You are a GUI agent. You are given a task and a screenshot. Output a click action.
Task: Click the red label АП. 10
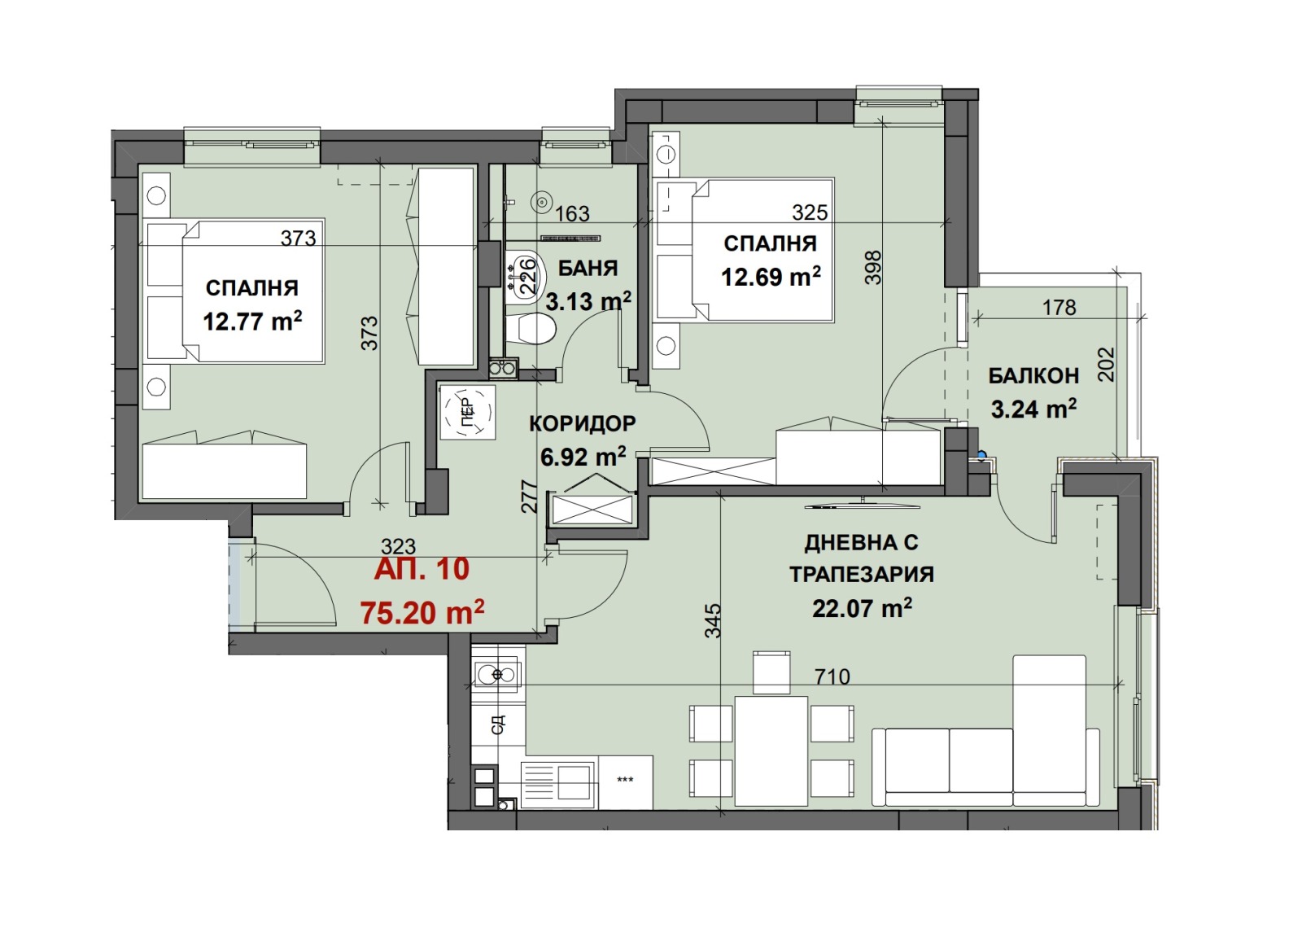(422, 569)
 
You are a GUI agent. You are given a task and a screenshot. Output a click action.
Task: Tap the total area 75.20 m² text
(422, 612)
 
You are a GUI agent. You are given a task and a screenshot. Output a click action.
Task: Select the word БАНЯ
(588, 268)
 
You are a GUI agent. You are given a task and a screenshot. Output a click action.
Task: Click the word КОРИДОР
(583, 424)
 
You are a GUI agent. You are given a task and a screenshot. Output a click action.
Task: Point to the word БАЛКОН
(1033, 376)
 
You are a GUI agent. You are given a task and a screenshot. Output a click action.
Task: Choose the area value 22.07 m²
(862, 609)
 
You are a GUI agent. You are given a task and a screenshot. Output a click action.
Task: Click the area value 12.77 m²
(252, 321)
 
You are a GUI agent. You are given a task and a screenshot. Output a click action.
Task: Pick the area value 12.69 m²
(771, 276)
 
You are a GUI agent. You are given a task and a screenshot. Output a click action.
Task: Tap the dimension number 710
(832, 676)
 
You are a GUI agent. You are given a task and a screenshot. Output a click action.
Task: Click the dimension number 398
(874, 268)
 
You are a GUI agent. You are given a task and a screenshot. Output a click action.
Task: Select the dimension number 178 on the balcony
(1059, 307)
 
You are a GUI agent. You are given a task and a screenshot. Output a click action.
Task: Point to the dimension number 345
(713, 620)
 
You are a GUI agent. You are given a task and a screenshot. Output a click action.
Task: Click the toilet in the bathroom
(531, 329)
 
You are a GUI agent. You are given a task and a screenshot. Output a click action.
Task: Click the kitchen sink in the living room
(497, 675)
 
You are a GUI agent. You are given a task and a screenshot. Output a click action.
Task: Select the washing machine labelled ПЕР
(467, 412)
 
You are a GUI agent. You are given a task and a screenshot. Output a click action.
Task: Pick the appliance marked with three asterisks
(625, 781)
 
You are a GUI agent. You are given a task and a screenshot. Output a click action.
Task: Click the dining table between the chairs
(771, 751)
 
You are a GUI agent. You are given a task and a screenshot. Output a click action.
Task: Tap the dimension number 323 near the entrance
(398, 546)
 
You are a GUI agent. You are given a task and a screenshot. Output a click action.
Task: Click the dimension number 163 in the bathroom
(573, 214)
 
